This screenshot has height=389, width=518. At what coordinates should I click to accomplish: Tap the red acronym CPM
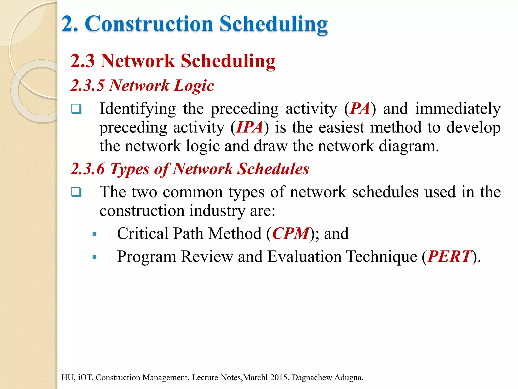[291, 234]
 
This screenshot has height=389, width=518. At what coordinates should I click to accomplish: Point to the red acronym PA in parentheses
[360, 109]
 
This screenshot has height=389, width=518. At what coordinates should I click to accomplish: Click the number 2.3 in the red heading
[82, 61]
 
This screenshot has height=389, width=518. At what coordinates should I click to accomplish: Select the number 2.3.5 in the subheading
[87, 85]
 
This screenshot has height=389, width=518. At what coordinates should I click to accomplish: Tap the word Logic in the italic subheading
[194, 86]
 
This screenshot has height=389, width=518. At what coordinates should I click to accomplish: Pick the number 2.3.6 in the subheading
[88, 169]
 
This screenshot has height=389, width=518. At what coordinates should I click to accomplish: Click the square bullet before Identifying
[76, 109]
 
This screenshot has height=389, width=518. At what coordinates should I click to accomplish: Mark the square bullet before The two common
[76, 192]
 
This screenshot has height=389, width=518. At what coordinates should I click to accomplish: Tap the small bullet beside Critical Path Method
[95, 234]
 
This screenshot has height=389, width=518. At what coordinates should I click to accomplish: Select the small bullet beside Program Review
[95, 258]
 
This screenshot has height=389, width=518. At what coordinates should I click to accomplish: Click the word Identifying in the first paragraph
[138, 109]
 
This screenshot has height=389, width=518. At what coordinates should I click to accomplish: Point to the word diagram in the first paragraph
[408, 146]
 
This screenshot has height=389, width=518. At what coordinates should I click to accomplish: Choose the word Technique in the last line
[381, 257]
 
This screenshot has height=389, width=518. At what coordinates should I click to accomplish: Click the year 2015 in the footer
[279, 378]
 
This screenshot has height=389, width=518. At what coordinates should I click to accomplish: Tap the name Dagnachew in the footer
[312, 378]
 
